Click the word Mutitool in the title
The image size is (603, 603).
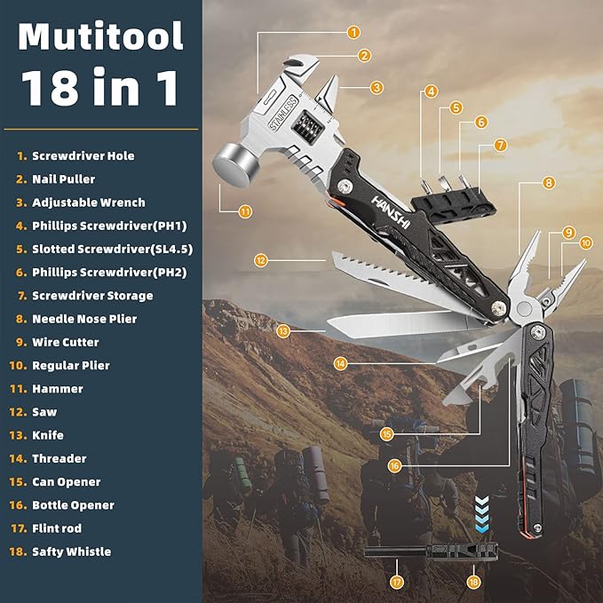pos(100,37)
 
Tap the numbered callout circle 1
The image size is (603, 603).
pos(353,33)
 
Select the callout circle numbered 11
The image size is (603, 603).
pos(245,211)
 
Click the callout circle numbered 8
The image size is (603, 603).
pos(549,183)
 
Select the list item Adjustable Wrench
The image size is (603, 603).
pos(88,202)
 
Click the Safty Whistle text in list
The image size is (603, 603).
pos(71,551)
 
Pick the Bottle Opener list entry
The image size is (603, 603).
pos(73,505)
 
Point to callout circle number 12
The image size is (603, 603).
pos(260,261)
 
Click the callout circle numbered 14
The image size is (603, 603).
pos(341,363)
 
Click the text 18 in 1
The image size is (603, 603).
pos(99,89)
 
